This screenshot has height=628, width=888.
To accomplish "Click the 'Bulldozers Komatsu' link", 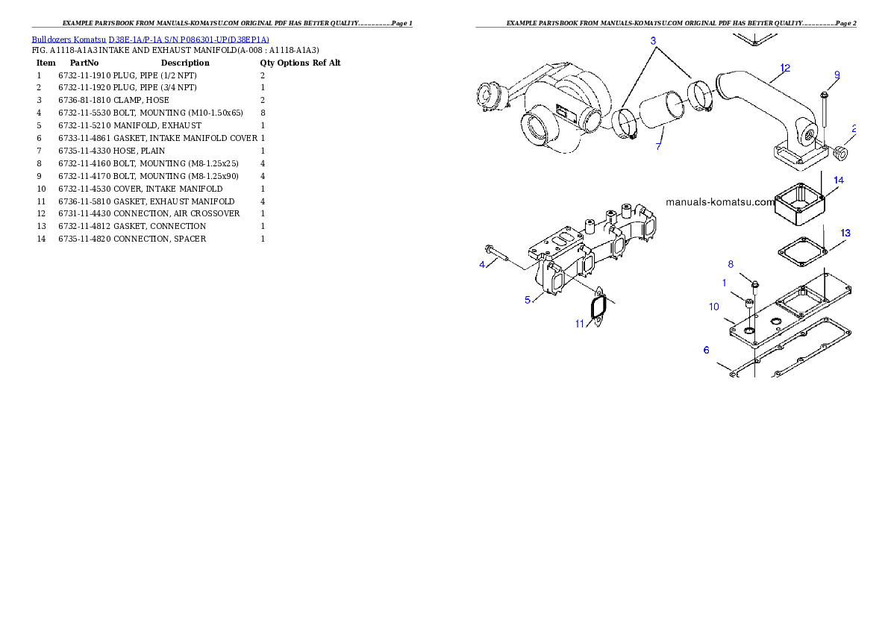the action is [69, 40].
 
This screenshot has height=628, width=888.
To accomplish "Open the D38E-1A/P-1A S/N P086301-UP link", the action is [189, 40].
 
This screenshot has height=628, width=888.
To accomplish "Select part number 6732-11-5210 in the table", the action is [84, 126].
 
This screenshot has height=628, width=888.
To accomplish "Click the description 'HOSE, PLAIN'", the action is [140, 151].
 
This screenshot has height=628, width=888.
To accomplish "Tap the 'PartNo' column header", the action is [84, 63].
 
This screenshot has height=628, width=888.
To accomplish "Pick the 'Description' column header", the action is [185, 63].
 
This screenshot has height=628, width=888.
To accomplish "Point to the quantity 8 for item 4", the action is [263, 113].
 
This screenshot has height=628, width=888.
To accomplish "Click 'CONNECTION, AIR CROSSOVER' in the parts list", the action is [177, 213].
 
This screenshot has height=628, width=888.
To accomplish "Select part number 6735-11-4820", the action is [84, 239].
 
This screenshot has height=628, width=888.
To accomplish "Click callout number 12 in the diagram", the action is [785, 68].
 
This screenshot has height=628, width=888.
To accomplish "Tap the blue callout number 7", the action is [658, 146].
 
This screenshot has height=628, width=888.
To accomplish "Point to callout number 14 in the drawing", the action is [839, 180].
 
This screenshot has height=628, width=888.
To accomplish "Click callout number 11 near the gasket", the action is [579, 324].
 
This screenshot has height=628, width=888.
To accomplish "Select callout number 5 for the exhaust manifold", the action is [528, 300].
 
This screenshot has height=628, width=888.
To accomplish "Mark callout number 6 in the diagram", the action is [706, 350].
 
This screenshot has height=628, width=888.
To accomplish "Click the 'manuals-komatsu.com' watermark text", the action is [720, 202].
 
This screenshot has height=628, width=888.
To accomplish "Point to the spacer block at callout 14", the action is [800, 204].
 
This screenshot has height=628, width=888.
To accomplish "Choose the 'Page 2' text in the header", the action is [846, 23].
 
